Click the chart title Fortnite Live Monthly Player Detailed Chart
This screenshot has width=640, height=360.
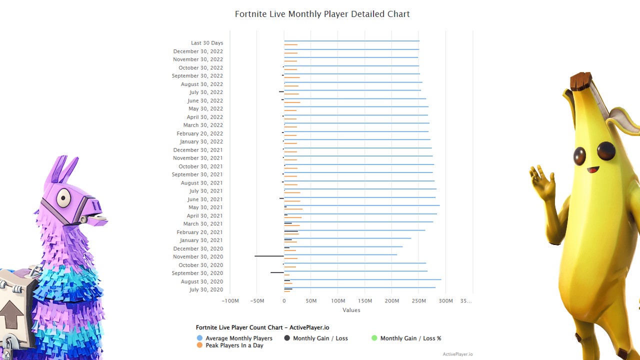pos(322,14)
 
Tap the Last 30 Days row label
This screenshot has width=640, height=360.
pos(206,43)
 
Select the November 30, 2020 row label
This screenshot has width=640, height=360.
pos(198,257)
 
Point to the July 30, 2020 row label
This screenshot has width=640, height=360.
pos(206,290)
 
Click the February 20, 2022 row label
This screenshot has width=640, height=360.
pos(199,133)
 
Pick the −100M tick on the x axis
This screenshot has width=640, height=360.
pos(230,301)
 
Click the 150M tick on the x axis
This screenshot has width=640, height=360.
pos(365,301)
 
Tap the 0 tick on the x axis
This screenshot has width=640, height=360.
pos(284,301)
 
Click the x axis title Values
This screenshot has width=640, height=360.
pos(351,310)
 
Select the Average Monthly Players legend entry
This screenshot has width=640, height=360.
pos(238,338)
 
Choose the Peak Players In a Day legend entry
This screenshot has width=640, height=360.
pos(234,345)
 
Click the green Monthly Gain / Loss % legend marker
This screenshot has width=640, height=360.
pos(374,338)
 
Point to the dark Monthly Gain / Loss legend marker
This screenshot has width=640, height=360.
pos(287,338)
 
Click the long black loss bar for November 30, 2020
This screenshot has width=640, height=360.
pos(269,256)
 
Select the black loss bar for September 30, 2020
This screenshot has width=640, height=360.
pos(277,272)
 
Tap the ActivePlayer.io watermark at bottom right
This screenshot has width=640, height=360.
pos(457,354)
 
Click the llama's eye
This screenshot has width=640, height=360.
pos(63,198)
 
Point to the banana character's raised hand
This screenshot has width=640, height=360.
pos(542,182)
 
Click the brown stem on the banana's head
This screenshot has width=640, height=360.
pos(580,81)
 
